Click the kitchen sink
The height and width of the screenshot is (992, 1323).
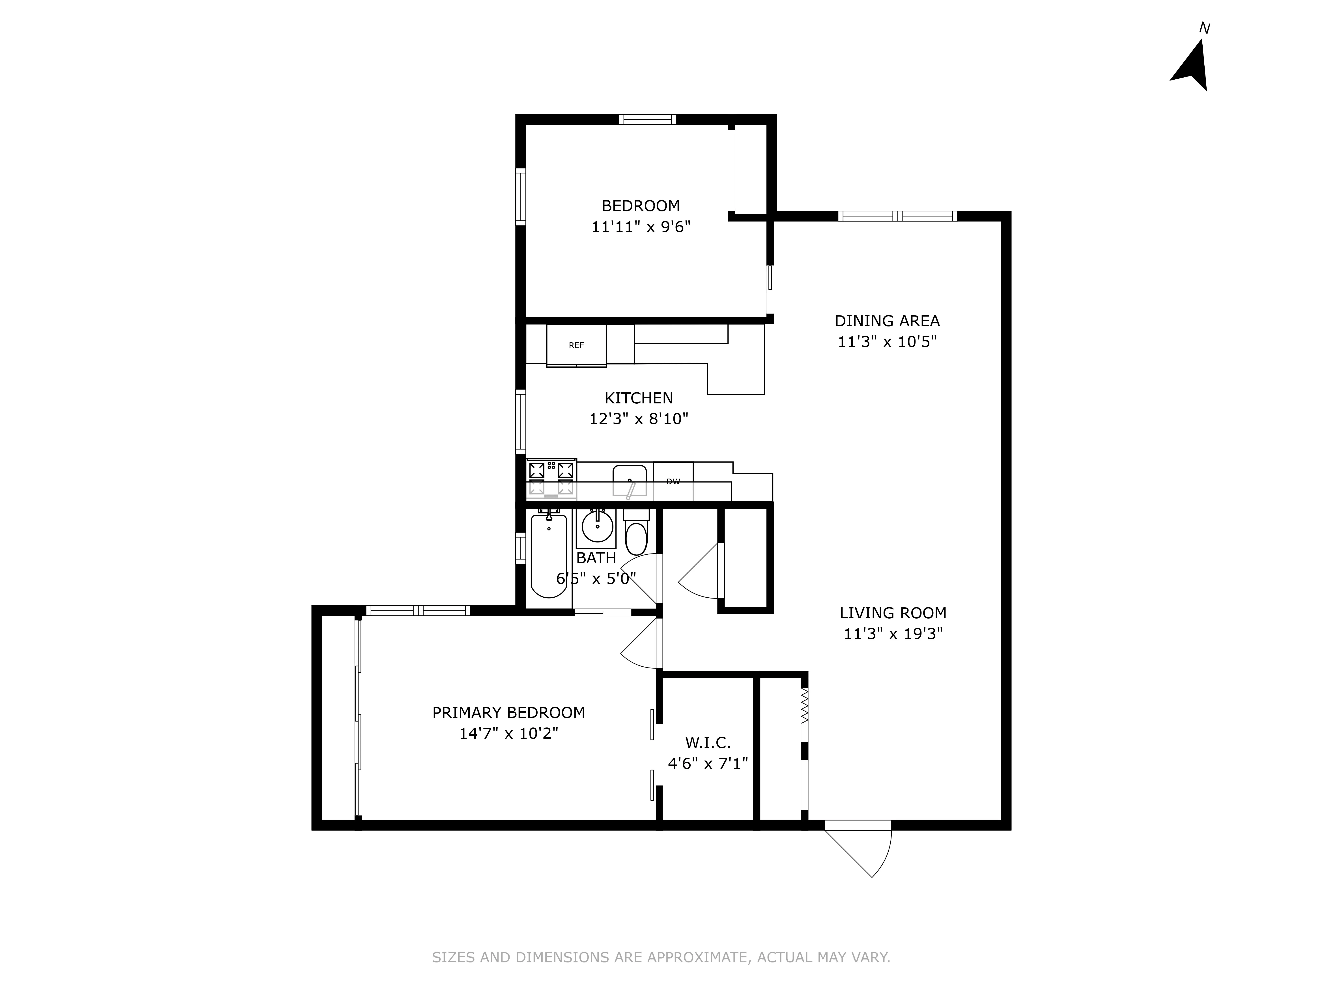[629, 481]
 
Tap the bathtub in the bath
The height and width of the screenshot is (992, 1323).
[548, 556]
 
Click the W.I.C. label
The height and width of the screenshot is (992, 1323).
[708, 743]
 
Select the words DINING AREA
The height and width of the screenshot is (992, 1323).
[887, 321]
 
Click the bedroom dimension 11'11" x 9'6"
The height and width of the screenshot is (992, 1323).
[641, 227]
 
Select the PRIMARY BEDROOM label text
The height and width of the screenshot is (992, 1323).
[508, 713]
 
